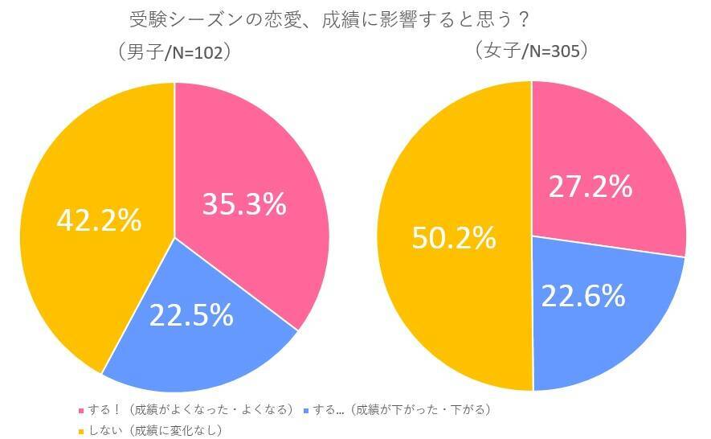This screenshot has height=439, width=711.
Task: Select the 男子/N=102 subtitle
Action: [x=174, y=52]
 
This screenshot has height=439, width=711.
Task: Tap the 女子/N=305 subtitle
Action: [x=532, y=51]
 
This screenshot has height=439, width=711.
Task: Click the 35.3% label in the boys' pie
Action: [x=244, y=204]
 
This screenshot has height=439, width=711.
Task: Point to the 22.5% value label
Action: [x=191, y=314]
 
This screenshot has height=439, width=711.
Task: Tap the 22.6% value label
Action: [x=582, y=296]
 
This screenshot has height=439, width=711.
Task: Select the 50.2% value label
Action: [x=455, y=237]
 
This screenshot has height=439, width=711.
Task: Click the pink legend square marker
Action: [x=80, y=410]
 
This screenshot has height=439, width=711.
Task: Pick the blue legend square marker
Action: [x=309, y=410]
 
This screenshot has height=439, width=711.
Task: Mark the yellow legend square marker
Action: [x=80, y=430]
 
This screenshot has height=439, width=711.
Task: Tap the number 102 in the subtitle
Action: [x=207, y=52]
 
